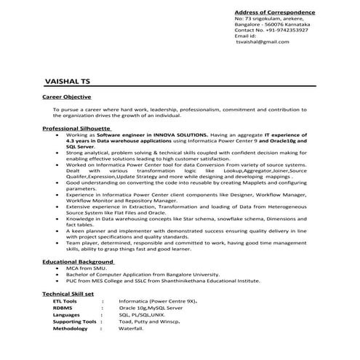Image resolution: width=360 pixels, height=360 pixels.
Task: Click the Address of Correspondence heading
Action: tap(274, 12)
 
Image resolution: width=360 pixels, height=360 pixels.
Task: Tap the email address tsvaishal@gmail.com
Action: tap(267, 41)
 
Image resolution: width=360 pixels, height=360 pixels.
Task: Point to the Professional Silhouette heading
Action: tap(75, 127)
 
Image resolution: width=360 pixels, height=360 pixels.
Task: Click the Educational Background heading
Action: tap(79, 260)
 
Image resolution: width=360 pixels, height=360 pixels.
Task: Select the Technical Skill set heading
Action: tap(68, 293)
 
